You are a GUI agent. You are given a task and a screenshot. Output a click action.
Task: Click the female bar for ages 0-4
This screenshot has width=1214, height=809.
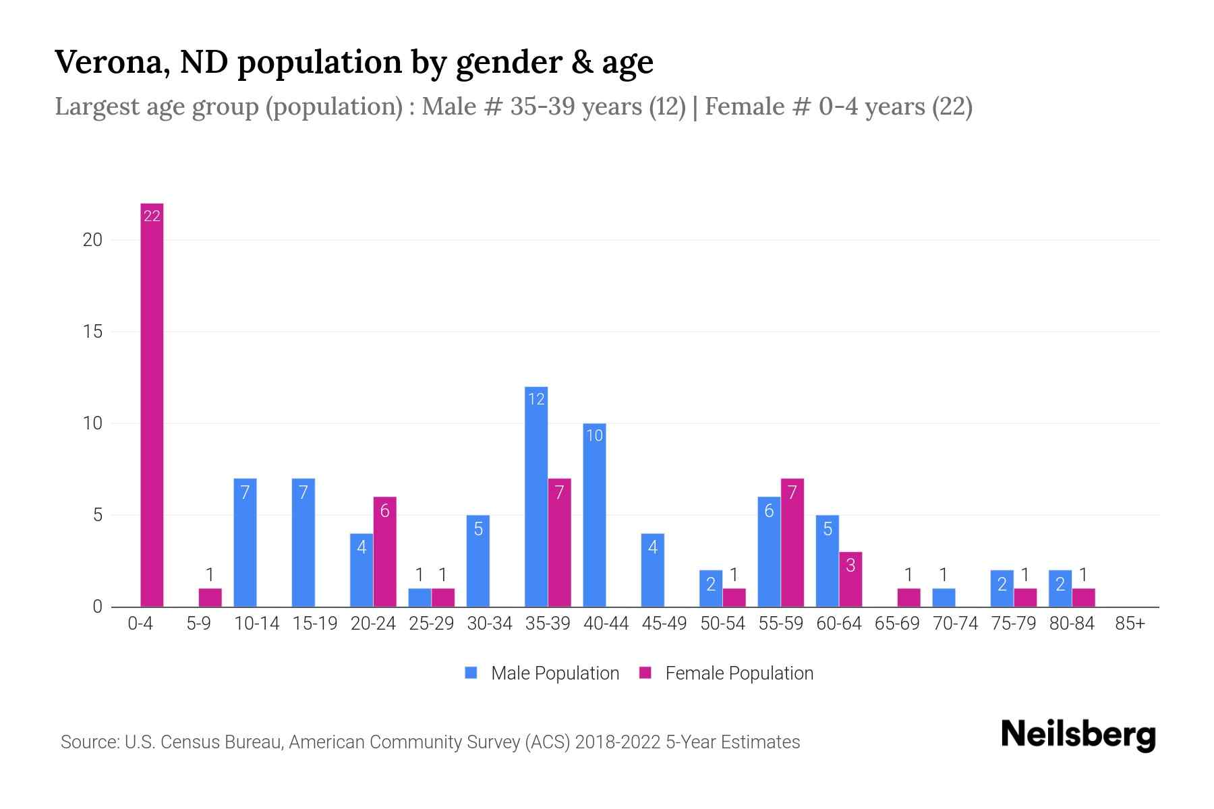click(x=152, y=404)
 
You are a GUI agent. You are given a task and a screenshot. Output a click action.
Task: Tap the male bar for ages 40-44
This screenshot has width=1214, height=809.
click(x=594, y=515)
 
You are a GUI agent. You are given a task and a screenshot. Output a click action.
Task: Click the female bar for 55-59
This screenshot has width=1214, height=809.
click(x=792, y=543)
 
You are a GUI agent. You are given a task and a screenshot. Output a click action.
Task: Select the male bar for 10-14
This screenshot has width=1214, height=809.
click(x=245, y=543)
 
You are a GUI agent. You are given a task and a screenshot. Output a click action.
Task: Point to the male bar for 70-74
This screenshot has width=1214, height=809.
click(x=944, y=598)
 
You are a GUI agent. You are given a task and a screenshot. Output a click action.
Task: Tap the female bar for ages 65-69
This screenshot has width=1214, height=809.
click(x=908, y=598)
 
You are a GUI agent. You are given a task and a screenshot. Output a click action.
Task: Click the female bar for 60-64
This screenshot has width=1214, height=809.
click(x=850, y=579)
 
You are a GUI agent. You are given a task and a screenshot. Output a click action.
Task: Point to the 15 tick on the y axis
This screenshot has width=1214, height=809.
click(x=92, y=332)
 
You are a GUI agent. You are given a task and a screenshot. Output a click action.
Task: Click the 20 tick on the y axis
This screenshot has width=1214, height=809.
click(x=92, y=240)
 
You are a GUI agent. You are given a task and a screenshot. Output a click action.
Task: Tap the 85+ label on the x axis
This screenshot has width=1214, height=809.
click(x=1130, y=624)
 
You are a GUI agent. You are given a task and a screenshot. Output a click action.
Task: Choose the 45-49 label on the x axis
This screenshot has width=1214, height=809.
click(x=664, y=624)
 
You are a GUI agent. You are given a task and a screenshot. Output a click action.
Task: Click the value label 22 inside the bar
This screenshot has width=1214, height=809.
click(x=152, y=216)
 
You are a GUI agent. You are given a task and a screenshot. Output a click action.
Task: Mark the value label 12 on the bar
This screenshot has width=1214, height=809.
click(x=536, y=400)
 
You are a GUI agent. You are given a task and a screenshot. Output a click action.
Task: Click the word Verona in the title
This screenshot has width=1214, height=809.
click(x=107, y=62)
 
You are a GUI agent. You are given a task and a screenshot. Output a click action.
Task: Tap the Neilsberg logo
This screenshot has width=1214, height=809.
click(x=1078, y=734)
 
